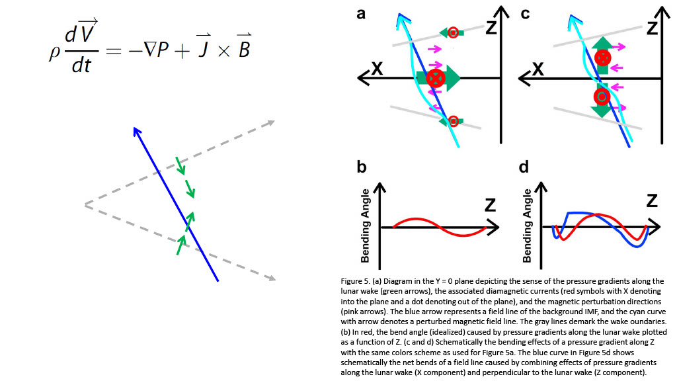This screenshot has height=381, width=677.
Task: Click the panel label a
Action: (361, 14)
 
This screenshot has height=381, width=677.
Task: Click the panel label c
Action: (525, 14)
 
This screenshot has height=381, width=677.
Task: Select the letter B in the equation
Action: (244, 48)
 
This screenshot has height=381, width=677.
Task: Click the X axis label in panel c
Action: (539, 68)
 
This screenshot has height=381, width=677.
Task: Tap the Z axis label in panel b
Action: (490, 205)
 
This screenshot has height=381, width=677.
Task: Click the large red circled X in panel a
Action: (435, 78)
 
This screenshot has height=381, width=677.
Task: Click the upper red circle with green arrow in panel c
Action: (602, 58)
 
